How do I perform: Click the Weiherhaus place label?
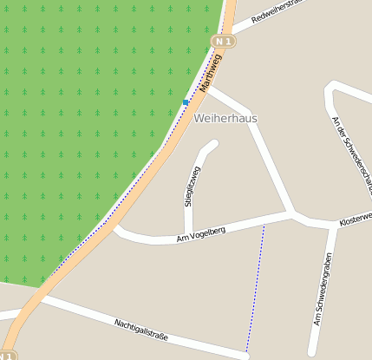226,118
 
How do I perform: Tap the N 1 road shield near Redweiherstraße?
224,41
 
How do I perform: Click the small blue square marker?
186,102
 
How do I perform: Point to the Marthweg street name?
211,73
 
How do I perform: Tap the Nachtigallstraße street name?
140,328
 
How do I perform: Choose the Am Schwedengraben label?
323,290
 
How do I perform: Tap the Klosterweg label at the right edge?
356,218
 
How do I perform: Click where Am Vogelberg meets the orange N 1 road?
116,227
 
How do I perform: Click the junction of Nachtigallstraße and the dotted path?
246,353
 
